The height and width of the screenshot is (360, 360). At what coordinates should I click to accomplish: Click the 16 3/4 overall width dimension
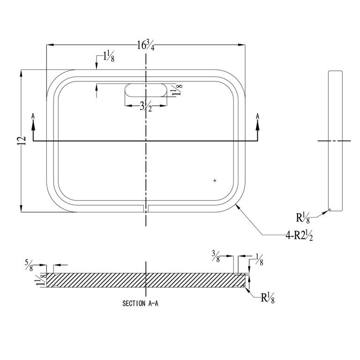[146, 45]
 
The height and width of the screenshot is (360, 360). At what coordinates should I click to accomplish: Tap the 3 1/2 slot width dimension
[146, 107]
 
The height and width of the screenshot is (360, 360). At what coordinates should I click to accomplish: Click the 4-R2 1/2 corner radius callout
[299, 236]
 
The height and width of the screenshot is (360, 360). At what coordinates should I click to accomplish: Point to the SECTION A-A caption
[141, 303]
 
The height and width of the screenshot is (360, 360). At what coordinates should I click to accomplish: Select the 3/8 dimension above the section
[216, 255]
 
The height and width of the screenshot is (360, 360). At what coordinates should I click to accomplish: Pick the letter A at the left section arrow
[33, 116]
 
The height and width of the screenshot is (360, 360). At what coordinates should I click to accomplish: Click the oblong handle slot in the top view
[145, 90]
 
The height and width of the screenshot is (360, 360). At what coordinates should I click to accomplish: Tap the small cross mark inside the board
[215, 180]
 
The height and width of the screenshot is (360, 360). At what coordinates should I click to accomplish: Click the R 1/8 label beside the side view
[303, 218]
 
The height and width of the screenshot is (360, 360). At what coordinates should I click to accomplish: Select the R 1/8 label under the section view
[268, 298]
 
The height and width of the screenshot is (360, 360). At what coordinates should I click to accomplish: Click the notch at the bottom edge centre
[146, 207]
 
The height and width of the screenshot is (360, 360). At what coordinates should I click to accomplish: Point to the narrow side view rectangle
[335, 141]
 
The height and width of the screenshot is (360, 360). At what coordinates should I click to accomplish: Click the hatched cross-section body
[145, 280]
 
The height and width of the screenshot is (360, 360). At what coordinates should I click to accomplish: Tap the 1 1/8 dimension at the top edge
[109, 58]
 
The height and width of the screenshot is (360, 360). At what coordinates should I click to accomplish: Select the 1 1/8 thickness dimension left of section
[39, 280]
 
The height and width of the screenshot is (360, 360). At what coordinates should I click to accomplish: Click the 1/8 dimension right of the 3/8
[259, 258]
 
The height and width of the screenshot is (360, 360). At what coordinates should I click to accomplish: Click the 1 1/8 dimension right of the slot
[177, 89]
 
